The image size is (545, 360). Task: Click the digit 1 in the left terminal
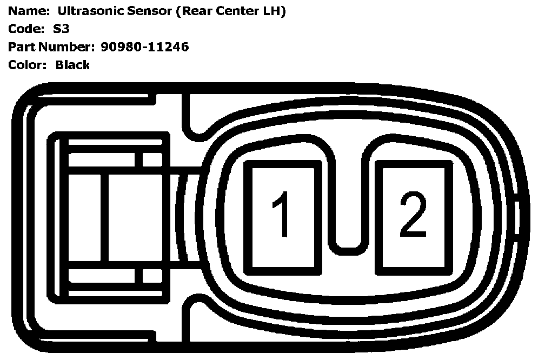click(282, 216)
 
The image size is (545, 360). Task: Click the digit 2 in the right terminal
click(413, 216)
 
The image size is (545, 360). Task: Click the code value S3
click(62, 29)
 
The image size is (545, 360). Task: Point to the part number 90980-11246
click(144, 47)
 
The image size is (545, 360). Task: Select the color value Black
click(72, 65)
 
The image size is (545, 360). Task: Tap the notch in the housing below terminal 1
click(190, 319)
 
